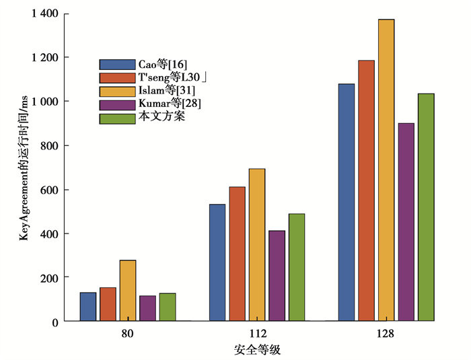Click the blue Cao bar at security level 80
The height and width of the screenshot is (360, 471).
tap(88, 307)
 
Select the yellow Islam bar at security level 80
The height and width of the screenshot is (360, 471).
tap(128, 291)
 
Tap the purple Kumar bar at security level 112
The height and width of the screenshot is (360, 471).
tap(277, 276)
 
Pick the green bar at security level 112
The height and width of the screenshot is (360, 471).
tap(297, 268)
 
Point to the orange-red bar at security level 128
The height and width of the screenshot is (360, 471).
tap(367, 190)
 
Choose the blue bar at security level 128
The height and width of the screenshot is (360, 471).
tap(347, 203)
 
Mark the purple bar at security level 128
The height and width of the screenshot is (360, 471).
tap(406, 222)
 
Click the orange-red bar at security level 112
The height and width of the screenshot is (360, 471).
tap(238, 254)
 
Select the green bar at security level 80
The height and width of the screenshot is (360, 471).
tap(168, 308)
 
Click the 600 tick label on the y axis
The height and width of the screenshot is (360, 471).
tap(48, 190)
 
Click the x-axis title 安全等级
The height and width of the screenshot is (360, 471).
tap(256, 350)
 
